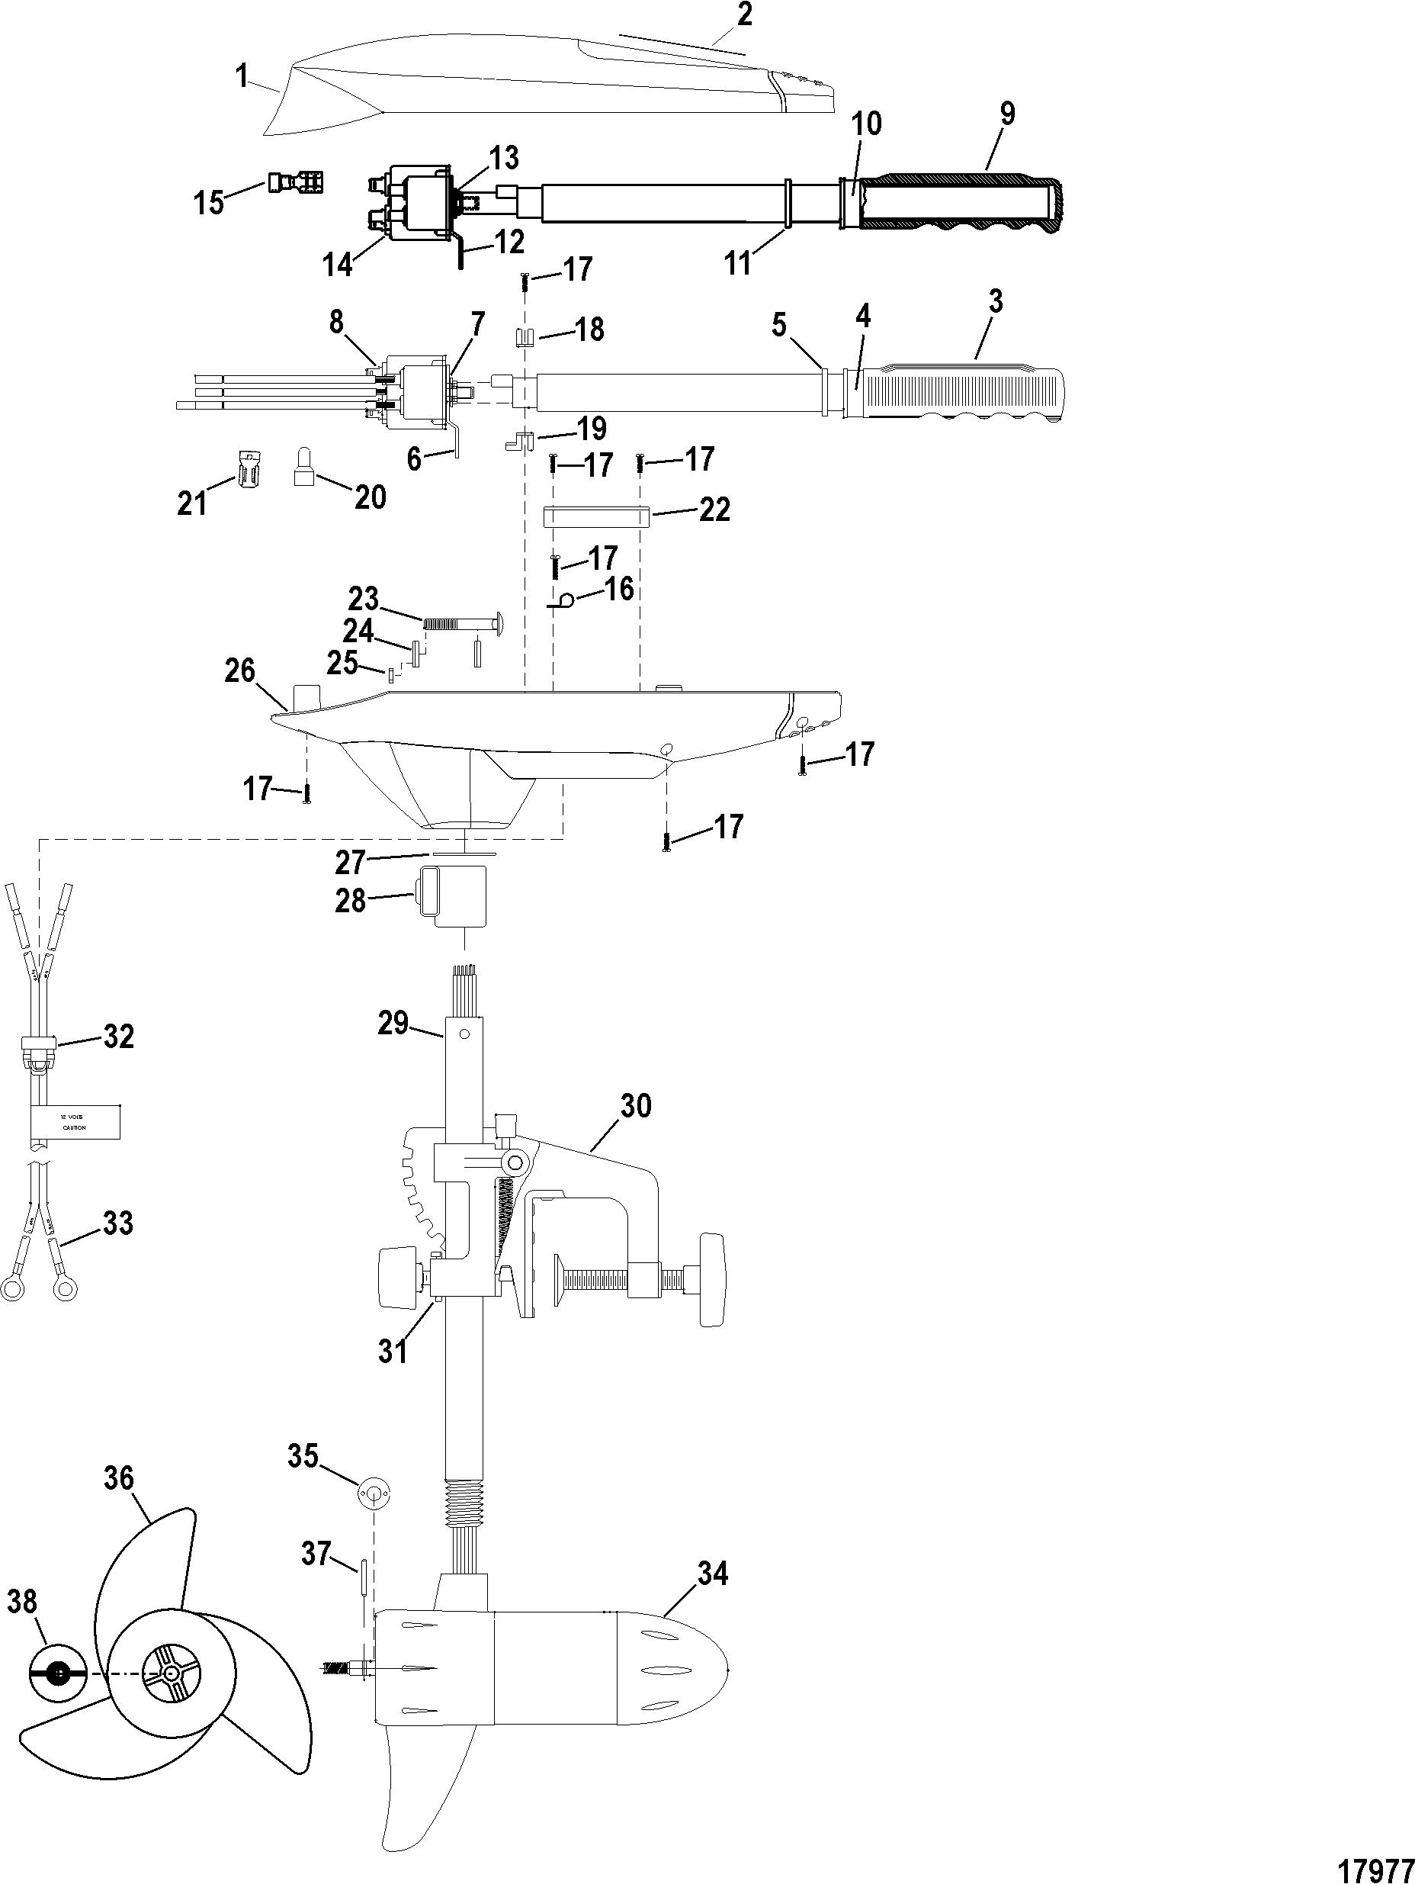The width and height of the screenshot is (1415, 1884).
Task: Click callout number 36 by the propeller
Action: [x=119, y=1477]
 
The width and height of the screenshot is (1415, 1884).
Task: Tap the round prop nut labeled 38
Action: [x=57, y=1673]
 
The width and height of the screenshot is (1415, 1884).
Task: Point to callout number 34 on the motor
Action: [x=712, y=1574]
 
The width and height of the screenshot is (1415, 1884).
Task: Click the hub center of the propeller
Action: [x=172, y=1673]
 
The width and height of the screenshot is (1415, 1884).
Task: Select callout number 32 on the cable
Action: [x=118, y=1037]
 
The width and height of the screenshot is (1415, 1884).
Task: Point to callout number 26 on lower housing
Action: [x=240, y=671]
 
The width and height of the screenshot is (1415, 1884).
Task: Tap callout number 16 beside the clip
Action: [x=620, y=587]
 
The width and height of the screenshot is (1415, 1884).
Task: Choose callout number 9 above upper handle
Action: [x=1007, y=114]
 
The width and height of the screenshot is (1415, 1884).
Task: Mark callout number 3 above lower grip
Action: [x=995, y=302]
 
